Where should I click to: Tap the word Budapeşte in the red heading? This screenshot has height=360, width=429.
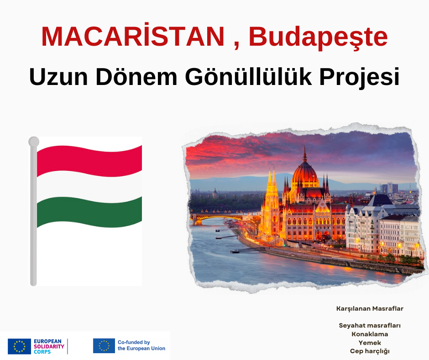(318, 37)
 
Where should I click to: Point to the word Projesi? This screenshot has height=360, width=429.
(360, 78)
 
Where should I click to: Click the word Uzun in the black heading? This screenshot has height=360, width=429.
(58, 77)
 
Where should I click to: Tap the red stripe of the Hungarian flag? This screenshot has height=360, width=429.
(89, 161)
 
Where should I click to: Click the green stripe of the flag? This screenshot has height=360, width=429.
(89, 212)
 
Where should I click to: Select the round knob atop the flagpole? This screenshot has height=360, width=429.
(34, 142)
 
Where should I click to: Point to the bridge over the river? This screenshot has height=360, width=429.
(216, 217)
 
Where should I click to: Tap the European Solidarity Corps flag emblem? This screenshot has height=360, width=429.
(19, 346)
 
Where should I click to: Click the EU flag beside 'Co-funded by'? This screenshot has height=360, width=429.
(104, 346)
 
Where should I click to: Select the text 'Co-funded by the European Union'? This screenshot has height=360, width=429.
(141, 345)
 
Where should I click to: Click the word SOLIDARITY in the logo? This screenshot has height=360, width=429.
(49, 346)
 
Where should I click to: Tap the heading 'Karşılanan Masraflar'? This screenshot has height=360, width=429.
(370, 308)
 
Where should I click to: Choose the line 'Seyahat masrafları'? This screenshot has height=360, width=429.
(370, 325)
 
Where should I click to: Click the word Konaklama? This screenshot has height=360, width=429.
(370, 334)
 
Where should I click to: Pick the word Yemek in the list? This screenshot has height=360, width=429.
(370, 343)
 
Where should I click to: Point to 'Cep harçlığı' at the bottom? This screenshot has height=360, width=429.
(370, 351)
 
